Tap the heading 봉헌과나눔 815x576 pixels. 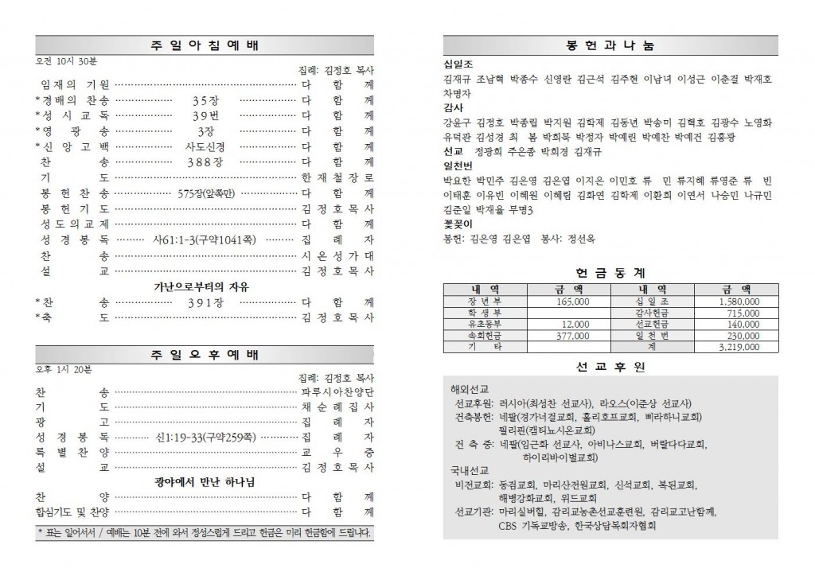click(612, 45)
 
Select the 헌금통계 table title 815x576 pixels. click(612, 271)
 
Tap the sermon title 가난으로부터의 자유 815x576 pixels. click(205, 286)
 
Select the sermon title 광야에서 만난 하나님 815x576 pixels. click(205, 481)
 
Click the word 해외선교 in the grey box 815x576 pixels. click(467, 388)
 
